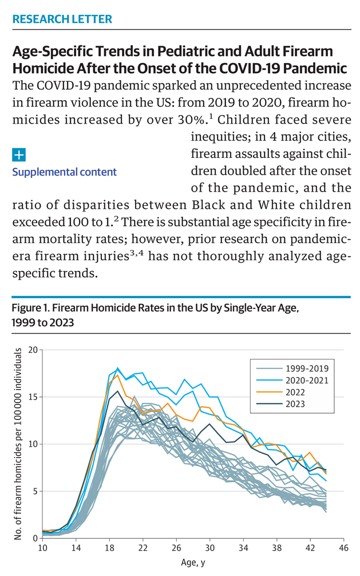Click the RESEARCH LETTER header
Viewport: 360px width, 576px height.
62,19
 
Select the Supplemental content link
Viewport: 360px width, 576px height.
64,172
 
